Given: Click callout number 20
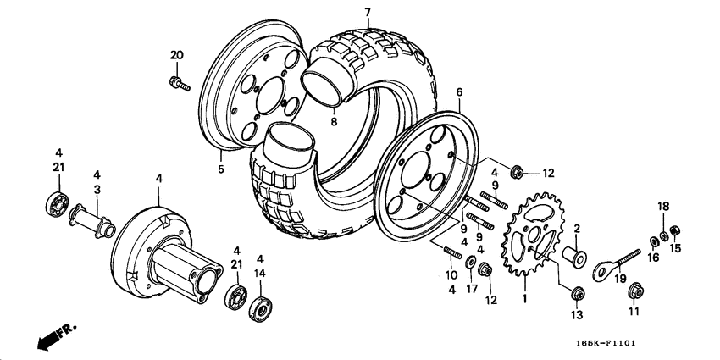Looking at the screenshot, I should [x=176, y=55].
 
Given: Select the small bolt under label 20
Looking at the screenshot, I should [x=179, y=83].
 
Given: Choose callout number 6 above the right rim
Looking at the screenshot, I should [x=459, y=91].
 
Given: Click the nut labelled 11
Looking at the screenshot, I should [x=634, y=292].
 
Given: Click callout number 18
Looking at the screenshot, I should [x=664, y=206].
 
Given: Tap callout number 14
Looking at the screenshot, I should [x=260, y=274].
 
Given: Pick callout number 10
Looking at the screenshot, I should [x=451, y=274].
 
